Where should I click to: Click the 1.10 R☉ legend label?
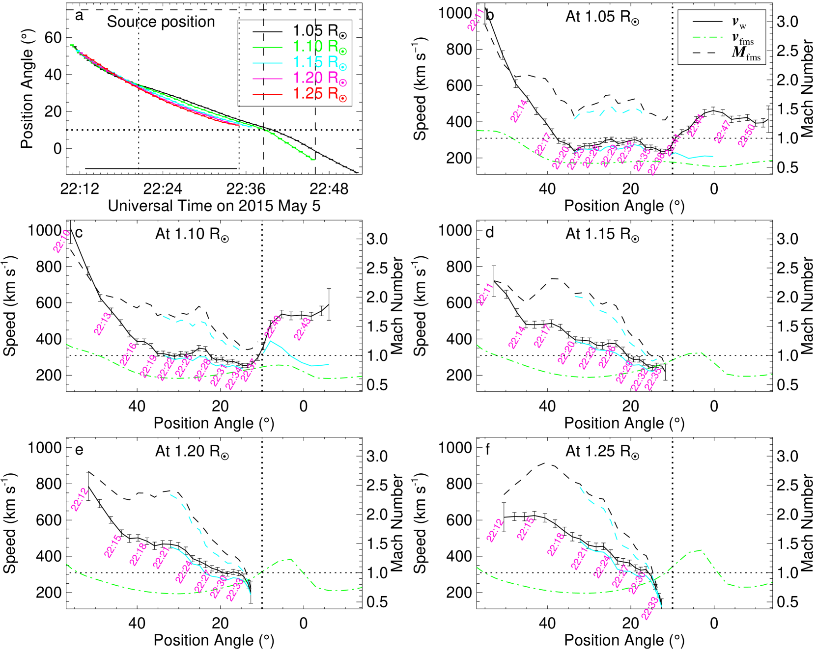pos(319,47)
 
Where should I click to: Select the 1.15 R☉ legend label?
pos(319,63)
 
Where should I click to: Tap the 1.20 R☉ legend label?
pos(319,79)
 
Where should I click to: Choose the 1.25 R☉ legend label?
pos(319,94)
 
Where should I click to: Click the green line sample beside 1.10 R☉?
pos(268,47)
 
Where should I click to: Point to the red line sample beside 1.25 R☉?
pos(268,94)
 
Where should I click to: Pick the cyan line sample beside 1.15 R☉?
pos(268,63)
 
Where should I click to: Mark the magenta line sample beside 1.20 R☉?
pos(268,79)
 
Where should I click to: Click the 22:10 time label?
pos(62,241)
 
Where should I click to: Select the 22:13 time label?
pos(103,324)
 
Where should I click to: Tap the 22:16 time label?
pos(128,354)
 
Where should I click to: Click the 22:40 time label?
pos(273,326)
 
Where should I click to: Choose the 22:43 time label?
pos(302,329)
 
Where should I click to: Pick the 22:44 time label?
pos(696,126)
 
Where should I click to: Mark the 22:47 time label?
pos(723,132)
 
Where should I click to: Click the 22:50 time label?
pos(746,136)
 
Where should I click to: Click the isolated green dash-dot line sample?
pos(707,37)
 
